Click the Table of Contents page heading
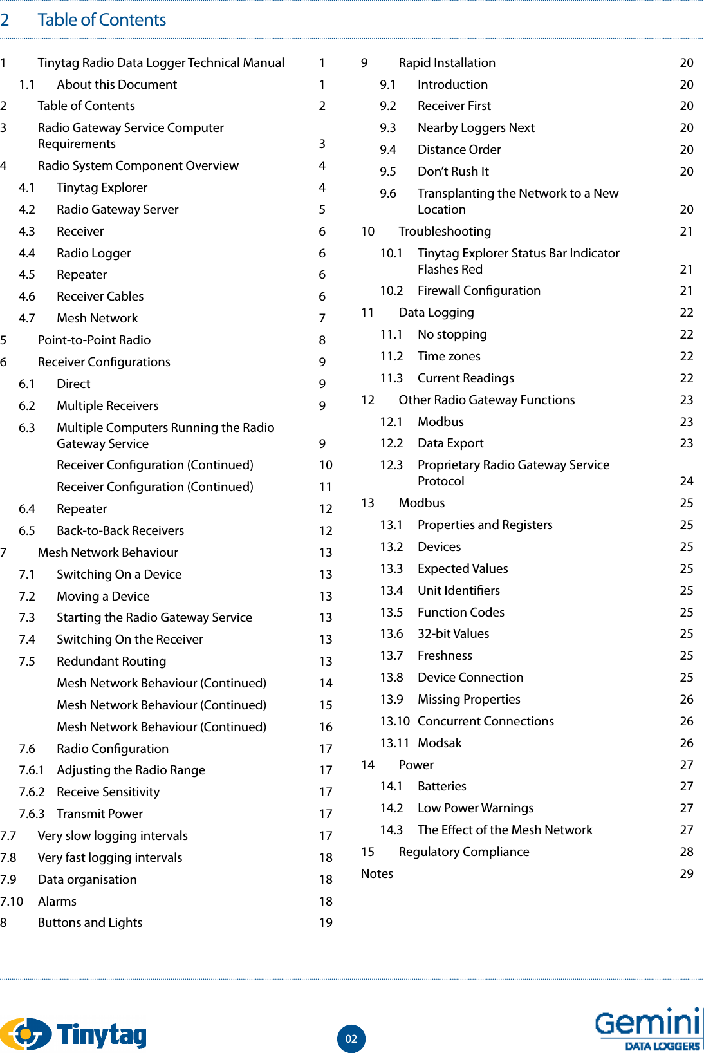pos(102,20)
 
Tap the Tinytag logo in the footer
pos(73,1034)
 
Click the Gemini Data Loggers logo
pos(647,1029)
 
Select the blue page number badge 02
pos(351,1038)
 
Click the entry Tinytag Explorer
pos(102,187)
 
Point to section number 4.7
pos(27,318)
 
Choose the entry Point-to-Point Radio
pos(94,340)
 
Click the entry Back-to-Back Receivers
pos(120,530)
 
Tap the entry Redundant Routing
pos(111,661)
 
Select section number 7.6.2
pos(32,792)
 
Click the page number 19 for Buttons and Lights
pos(326,922)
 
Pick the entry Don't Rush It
pos(453,171)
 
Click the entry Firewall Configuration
pos(479,290)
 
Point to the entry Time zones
pos(449,356)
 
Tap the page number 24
pos(687,481)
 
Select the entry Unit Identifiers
pos(458,590)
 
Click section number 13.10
pos(394,721)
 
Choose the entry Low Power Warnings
pos(476,808)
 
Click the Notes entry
pos(377,873)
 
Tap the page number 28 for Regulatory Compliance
pos(687,852)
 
